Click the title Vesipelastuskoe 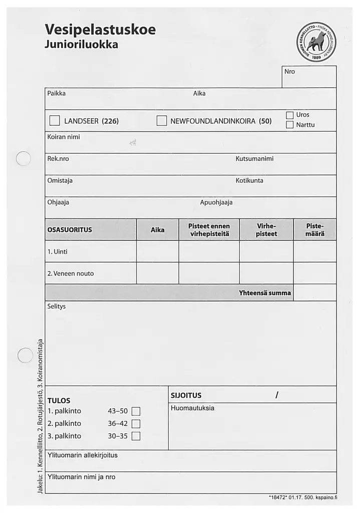pyautogui.click(x=100, y=30)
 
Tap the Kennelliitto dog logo pyautogui.click(x=317, y=44)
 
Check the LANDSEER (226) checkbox pyautogui.click(x=55, y=121)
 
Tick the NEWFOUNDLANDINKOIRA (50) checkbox pyautogui.click(x=161, y=121)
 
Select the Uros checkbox pyautogui.click(x=289, y=115)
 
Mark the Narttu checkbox pyautogui.click(x=289, y=125)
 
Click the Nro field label pyautogui.click(x=289, y=72)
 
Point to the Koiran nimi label pyautogui.click(x=64, y=137)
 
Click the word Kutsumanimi pyautogui.click(x=254, y=159)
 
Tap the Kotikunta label pyautogui.click(x=249, y=180)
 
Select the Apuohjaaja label pyautogui.click(x=216, y=202)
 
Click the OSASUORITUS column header pyautogui.click(x=70, y=230)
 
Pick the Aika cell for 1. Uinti pyautogui.click(x=157, y=251)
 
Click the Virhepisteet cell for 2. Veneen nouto pyautogui.click(x=266, y=274)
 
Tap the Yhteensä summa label pyautogui.click(x=265, y=293)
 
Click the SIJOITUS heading pyautogui.click(x=186, y=395)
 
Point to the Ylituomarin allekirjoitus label pyautogui.click(x=83, y=455)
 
